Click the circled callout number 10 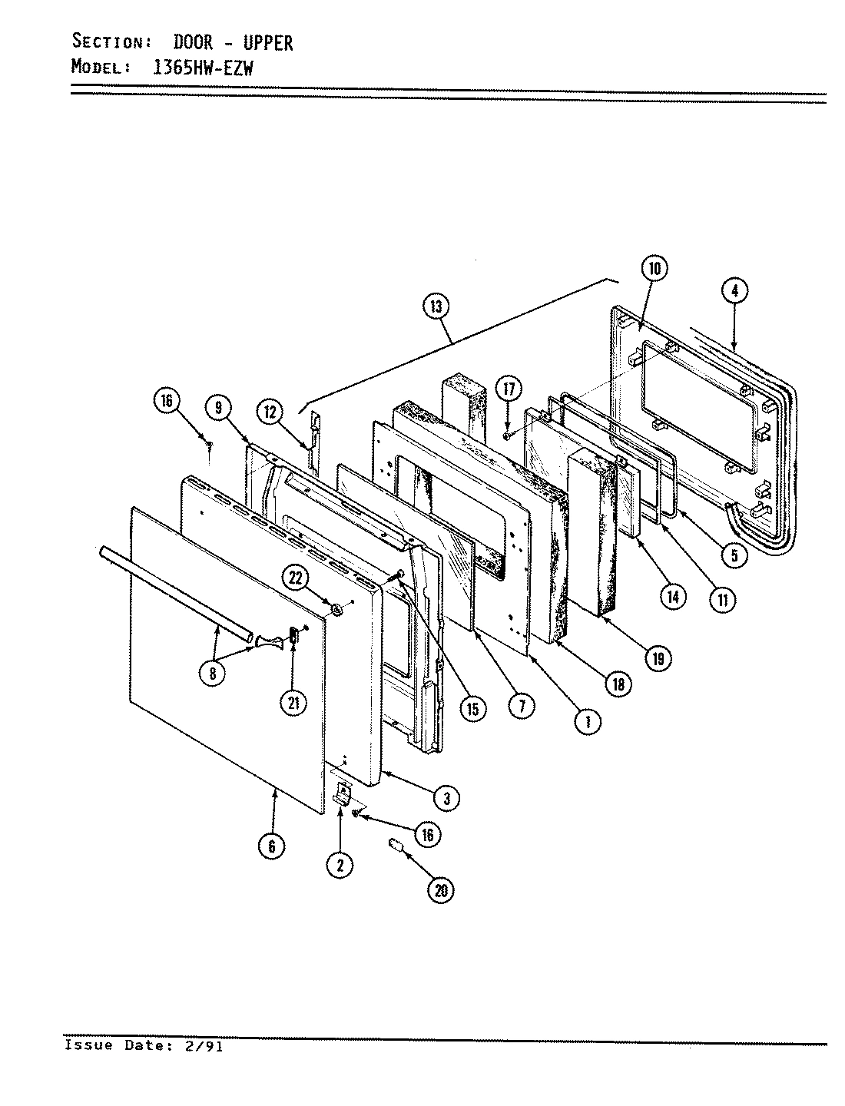pos(654,269)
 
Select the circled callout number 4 pos(735,290)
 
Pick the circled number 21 pos(293,702)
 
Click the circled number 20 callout pos(440,889)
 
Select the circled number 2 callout pos(340,865)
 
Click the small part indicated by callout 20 pos(396,846)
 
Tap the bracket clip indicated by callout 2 pos(342,793)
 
